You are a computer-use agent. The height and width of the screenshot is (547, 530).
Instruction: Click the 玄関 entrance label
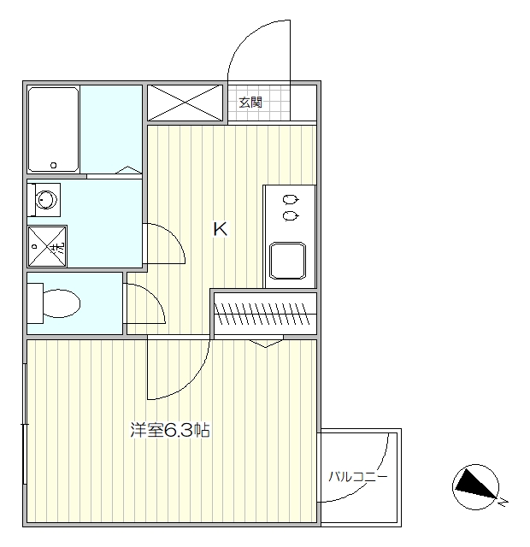tap(250, 103)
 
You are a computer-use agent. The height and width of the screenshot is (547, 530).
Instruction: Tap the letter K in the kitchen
tap(220, 229)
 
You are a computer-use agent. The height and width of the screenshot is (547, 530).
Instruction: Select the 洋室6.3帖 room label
tap(170, 430)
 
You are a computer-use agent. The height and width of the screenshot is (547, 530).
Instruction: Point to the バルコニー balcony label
tap(359, 476)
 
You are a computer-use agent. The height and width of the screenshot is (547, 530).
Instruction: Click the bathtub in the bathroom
tap(54, 129)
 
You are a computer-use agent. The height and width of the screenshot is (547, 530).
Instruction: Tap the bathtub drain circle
tap(54, 165)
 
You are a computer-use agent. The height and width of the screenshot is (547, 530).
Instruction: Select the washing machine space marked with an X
tap(46, 247)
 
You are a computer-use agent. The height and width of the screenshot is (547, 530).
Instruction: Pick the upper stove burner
tap(291, 201)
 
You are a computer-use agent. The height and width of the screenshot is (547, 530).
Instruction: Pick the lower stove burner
tap(291, 216)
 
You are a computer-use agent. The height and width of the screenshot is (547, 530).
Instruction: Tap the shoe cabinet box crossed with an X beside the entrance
tap(186, 103)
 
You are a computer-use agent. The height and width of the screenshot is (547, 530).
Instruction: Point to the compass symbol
tap(474, 485)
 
